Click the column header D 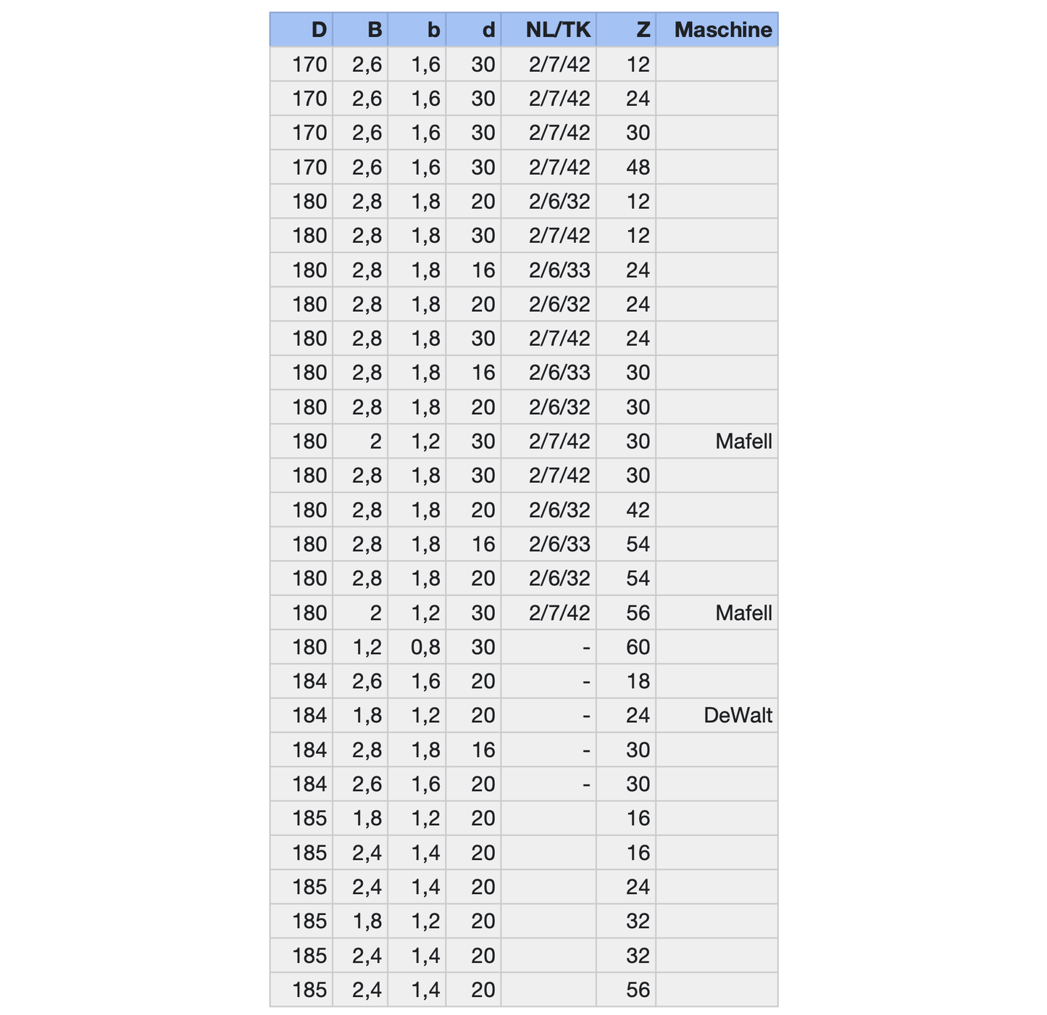[319, 30]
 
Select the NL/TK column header [558, 30]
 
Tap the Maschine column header [722, 30]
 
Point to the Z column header [643, 30]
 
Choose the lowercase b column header [433, 30]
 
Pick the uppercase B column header [374, 30]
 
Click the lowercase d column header [488, 30]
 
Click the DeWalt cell [738, 716]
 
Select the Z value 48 [638, 167]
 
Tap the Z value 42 [638, 510]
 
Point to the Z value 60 [638, 647]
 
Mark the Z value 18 [638, 681]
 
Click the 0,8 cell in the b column [425, 647]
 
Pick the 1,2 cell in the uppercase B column [367, 647]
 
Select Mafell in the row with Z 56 [743, 613]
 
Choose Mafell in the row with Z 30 [743, 442]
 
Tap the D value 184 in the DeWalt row [309, 716]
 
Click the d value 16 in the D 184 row [483, 750]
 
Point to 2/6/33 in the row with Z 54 [559, 544]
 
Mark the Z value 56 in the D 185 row [638, 990]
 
